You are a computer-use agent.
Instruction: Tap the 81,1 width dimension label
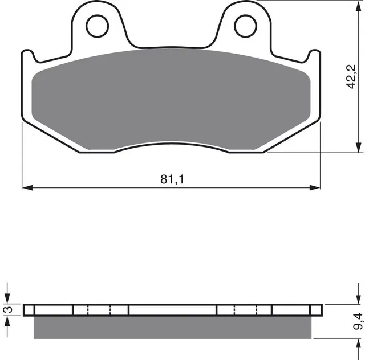(172, 179)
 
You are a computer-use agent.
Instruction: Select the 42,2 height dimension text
(351, 76)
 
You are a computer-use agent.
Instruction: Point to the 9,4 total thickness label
(358, 321)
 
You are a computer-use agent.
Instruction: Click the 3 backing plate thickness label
(9, 309)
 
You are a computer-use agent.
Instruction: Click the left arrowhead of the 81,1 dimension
(27, 187)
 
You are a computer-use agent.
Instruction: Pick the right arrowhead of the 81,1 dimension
(315, 187)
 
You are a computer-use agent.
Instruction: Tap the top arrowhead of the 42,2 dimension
(358, 6)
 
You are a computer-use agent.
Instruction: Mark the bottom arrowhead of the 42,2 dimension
(358, 147)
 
